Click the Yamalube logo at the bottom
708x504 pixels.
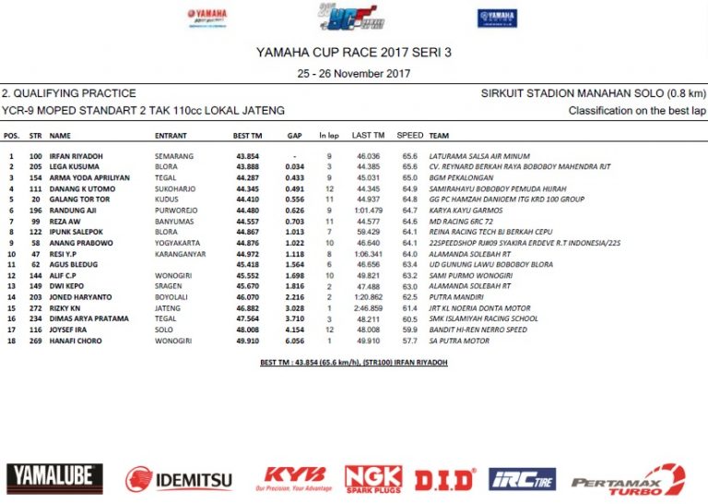coord(55,478)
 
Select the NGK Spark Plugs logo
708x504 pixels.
coord(373,478)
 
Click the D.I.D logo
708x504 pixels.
coord(444,479)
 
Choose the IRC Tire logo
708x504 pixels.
coord(523,479)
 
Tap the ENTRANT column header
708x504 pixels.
coord(171,135)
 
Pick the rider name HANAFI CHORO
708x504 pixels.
coord(81,341)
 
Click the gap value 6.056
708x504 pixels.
coord(295,341)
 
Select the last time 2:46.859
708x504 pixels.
coord(367,308)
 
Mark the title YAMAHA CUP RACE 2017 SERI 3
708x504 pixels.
coord(354,53)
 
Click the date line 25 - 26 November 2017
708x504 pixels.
coord(354,72)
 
